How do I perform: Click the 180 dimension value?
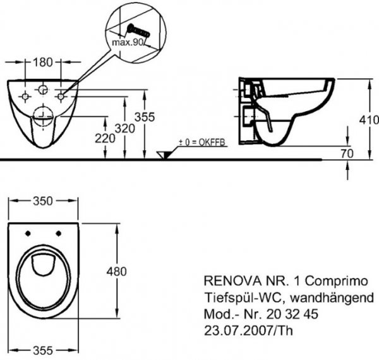coord(43,63)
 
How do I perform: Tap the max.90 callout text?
coord(128,42)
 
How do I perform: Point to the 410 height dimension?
coord(369,120)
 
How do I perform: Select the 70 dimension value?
coord(347,153)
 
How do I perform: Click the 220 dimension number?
coord(105,139)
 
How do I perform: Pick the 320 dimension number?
coord(124,129)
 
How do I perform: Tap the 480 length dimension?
coord(116,272)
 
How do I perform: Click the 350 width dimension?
coord(43,201)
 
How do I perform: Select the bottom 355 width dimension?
coord(43,351)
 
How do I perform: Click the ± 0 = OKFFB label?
coord(202,143)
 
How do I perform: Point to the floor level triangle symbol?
coord(164,155)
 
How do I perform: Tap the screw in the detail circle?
coord(138,31)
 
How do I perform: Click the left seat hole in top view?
coord(28,234)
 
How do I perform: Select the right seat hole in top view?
coord(59,234)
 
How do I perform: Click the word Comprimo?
coord(337,281)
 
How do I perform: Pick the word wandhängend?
coord(332,297)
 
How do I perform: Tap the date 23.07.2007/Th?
coord(248,330)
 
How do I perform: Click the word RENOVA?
coord(232,281)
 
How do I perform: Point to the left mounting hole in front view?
coord(25,97)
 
